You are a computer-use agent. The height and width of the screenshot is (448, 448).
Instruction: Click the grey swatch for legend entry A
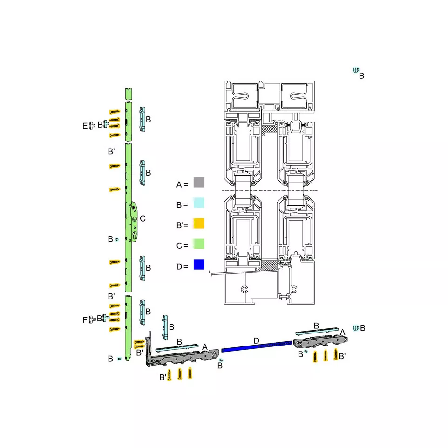(x=199, y=183)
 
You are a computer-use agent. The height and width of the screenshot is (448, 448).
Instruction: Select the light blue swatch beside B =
(x=199, y=203)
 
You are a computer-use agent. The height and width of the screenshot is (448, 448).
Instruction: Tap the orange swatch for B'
(x=199, y=224)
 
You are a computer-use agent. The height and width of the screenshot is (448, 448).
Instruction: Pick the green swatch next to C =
(x=199, y=244)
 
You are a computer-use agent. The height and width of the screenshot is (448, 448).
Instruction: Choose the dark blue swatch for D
(x=199, y=265)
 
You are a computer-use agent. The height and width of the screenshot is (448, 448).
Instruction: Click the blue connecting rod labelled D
(x=257, y=346)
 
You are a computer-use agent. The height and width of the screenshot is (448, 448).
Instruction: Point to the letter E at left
(x=85, y=126)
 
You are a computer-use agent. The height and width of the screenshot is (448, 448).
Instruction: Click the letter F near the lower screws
(x=85, y=320)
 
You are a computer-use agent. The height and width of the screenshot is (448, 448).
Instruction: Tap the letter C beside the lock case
(x=143, y=219)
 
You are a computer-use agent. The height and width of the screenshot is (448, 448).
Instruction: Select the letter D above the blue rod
(x=256, y=341)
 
